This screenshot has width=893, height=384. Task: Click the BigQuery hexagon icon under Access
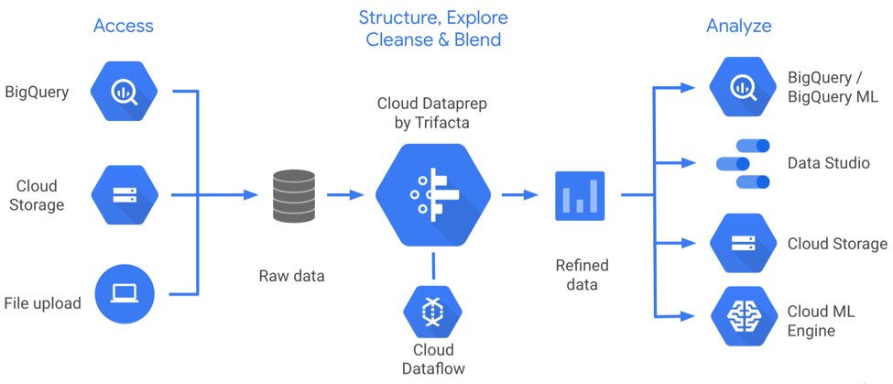(124, 92)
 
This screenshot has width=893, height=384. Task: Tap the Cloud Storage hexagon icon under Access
(124, 194)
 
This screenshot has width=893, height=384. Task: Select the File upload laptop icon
(124, 294)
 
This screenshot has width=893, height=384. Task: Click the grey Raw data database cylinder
(294, 195)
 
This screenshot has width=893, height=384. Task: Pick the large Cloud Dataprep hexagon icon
(433, 194)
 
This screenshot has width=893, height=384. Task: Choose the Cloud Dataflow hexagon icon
(433, 312)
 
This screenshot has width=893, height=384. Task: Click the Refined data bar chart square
(580, 195)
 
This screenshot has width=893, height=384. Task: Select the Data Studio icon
(743, 164)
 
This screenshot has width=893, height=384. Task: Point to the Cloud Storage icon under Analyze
(743, 244)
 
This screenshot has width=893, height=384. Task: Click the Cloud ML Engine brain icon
(743, 317)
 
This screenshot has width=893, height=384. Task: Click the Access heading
(124, 26)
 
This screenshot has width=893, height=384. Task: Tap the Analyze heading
(739, 26)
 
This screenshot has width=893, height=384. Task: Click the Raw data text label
(291, 275)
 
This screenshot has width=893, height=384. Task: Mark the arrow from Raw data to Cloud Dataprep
(345, 195)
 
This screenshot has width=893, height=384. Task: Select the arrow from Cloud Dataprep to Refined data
(519, 195)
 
